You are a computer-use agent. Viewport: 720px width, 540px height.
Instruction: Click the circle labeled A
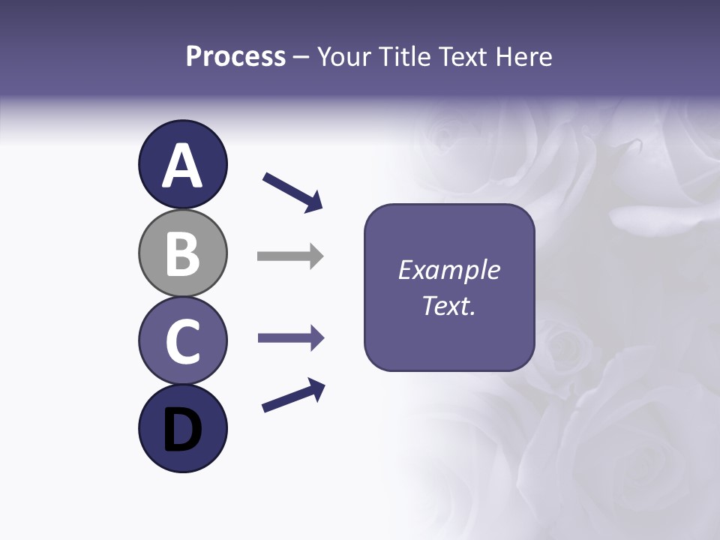(x=182, y=164)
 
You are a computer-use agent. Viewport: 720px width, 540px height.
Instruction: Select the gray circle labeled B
(x=182, y=253)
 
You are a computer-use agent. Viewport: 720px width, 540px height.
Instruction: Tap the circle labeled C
(x=182, y=341)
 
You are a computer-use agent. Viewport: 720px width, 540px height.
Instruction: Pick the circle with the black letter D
(x=182, y=429)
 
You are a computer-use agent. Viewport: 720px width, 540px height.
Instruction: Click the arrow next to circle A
(x=292, y=191)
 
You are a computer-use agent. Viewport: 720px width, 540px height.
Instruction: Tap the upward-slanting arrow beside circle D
(x=293, y=395)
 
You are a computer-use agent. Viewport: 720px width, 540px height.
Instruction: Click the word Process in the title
(x=235, y=57)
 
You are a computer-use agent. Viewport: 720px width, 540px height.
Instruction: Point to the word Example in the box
(x=448, y=270)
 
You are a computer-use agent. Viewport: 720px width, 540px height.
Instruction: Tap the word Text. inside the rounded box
(x=448, y=305)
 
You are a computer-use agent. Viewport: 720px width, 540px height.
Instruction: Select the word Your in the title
(x=343, y=57)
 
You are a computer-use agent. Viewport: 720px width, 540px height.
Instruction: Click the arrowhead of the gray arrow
(x=316, y=256)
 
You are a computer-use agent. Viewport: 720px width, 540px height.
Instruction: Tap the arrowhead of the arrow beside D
(x=316, y=388)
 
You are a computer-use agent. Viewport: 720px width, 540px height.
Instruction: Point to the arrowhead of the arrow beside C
(x=316, y=338)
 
